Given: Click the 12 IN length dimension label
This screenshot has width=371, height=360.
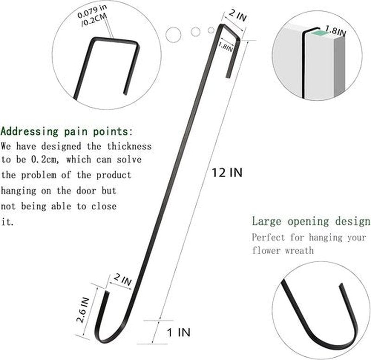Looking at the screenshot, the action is (227, 172).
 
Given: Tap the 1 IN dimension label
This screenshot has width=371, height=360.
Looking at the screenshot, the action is (179, 332).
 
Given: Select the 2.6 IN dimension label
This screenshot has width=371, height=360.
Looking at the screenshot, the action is (83, 310).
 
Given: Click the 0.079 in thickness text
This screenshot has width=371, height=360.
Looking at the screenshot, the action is (92, 11).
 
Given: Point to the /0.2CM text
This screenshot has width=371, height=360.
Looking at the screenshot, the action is (94, 20).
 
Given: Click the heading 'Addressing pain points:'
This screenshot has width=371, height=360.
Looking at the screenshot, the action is (67, 132).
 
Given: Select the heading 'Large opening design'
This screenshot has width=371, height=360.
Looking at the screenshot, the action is (311, 221).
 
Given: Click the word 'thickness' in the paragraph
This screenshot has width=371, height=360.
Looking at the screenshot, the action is (129, 146).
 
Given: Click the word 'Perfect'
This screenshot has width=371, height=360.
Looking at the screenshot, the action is (269, 237).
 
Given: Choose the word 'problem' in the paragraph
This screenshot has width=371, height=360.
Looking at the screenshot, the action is (39, 175).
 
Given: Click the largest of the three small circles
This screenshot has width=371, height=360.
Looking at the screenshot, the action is (173, 35).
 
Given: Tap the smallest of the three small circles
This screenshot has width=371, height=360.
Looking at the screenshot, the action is (211, 30).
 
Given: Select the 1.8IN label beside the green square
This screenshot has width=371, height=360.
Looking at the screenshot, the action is (335, 30).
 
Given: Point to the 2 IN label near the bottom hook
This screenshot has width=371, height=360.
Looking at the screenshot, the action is (122, 279).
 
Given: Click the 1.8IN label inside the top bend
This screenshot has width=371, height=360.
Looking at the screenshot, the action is (225, 46).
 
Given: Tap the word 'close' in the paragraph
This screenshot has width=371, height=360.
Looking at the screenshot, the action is (104, 206).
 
